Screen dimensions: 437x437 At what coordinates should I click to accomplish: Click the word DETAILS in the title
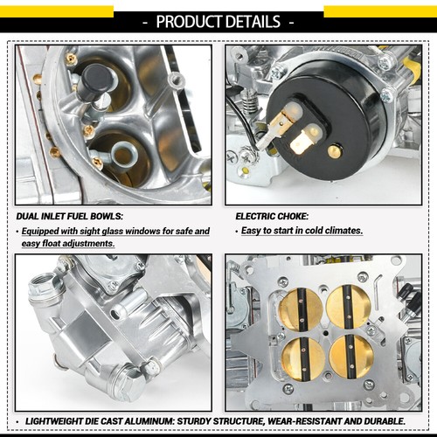point(255,21)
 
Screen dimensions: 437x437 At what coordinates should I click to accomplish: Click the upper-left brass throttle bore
point(295,308)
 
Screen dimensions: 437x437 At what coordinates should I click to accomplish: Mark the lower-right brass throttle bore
point(352,357)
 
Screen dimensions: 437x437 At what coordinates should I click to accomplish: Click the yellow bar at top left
point(56,11)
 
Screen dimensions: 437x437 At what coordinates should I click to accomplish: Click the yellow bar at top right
point(380,11)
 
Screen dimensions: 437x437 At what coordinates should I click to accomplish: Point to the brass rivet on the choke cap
point(335,150)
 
